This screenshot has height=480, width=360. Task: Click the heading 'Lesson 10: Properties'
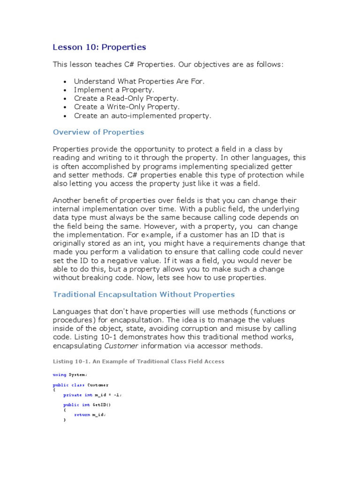pyautogui.click(x=99, y=47)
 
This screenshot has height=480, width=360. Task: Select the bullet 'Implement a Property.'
pyautogui.click(x=114, y=90)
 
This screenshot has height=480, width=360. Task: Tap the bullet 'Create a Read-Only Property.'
pyautogui.click(x=126, y=98)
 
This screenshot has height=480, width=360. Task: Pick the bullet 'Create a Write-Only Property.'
pyautogui.click(x=127, y=106)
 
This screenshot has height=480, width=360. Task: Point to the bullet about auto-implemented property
pyautogui.click(x=142, y=115)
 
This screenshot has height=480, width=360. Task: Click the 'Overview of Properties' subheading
pyautogui.click(x=98, y=132)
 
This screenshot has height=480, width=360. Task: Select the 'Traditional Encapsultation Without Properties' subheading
pyautogui.click(x=143, y=294)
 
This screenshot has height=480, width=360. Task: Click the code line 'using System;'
pyautogui.click(x=70, y=375)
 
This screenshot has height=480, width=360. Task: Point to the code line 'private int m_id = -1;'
pyautogui.click(x=95, y=395)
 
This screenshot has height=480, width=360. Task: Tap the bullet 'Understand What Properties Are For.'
pyautogui.click(x=139, y=81)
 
